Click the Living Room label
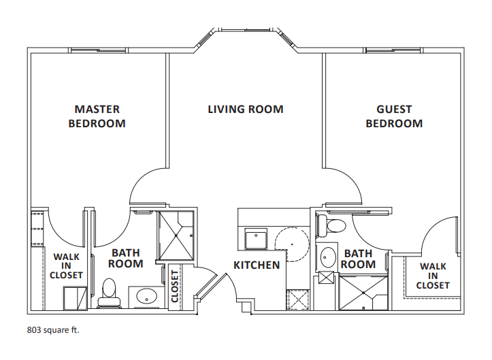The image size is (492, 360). point(246,109)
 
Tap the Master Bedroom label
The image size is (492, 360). point(97,116)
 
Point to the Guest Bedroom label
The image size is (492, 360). point(394,116)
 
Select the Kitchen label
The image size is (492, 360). point(257,265)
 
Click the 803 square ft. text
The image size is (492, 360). point(53,330)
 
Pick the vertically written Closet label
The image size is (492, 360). point(175,287)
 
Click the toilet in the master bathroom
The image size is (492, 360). point(109,293)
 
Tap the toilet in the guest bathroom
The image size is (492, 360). point(332,225)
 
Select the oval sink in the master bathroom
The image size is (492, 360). point(146,295)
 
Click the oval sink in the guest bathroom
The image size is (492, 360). point(327,257)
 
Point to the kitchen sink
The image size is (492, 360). point(256,239)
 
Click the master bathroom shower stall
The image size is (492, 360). point(176,235)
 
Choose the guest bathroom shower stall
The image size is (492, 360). point(363,293)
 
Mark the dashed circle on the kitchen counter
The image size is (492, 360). point(292,244)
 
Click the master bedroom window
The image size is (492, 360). point(98,50)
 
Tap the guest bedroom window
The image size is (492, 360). point(393,50)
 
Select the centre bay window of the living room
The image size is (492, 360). point(246,30)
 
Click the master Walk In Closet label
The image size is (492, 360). point(66,266)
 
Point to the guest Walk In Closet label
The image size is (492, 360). point(433,276)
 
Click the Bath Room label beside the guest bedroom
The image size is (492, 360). point(359,259)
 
